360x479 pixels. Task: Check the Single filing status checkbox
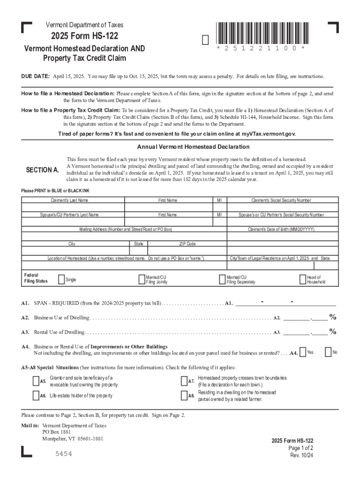click(x=61, y=279)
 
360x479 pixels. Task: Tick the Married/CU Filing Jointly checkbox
click(x=142, y=279)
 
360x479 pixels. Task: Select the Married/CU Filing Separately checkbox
click(x=223, y=279)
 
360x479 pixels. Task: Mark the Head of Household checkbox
click(x=303, y=279)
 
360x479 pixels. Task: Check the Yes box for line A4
click(x=303, y=352)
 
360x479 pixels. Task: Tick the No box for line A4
click(x=328, y=352)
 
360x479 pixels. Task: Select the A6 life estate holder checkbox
click(x=36, y=395)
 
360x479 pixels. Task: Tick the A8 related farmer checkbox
click(x=184, y=395)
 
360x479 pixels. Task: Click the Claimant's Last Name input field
click(x=72, y=207)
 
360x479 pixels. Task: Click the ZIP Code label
click(x=187, y=244)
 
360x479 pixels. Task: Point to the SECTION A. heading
click(x=42, y=170)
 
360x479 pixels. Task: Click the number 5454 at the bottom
click(x=64, y=454)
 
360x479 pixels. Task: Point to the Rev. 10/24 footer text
click(x=302, y=455)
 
